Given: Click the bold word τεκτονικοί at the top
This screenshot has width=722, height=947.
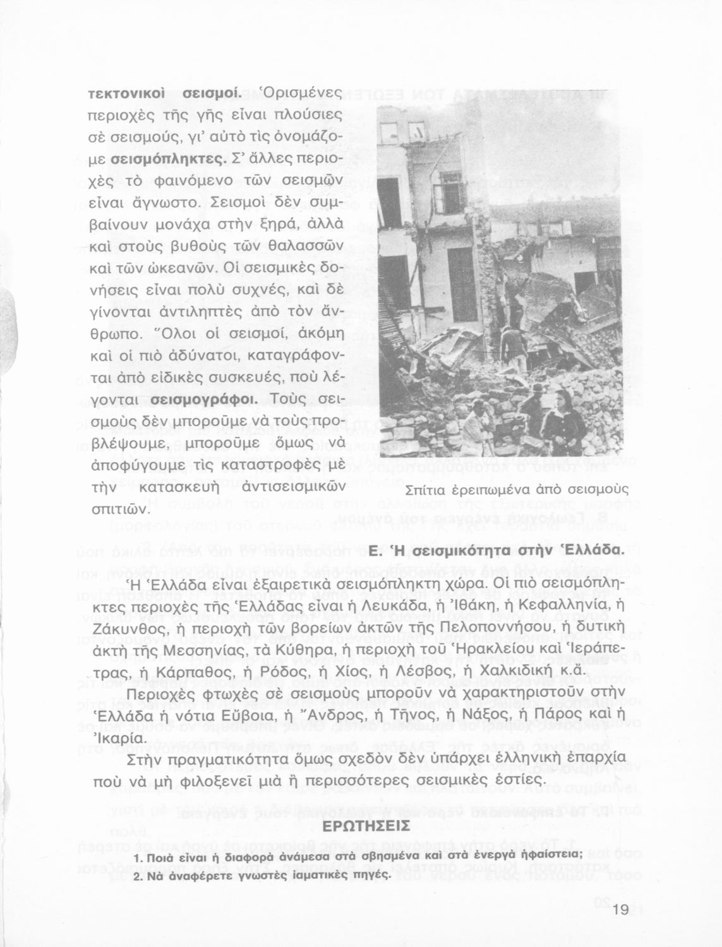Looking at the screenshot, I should point(126,93).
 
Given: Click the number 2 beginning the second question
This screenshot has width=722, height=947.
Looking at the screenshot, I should point(138,875).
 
